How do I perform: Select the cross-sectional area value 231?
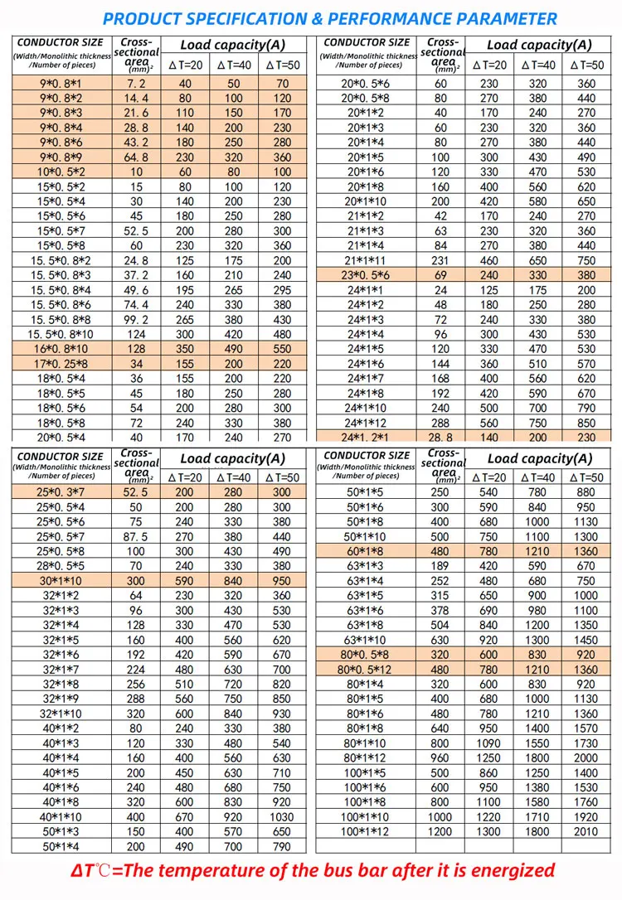point(440,260)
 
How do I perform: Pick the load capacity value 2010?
point(586,831)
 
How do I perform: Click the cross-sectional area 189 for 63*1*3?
point(440,566)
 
